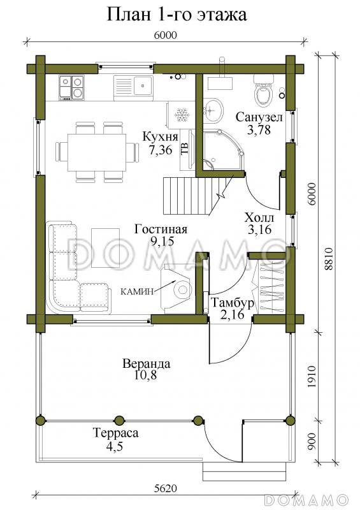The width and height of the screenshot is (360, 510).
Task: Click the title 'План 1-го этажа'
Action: [x=177, y=15]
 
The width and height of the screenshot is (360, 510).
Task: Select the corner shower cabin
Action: [x=224, y=150]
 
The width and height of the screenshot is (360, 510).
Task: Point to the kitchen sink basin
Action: [x=143, y=85]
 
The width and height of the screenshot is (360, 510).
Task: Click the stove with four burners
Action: [x=71, y=88]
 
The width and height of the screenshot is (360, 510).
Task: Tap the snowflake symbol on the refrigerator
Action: [x=182, y=115]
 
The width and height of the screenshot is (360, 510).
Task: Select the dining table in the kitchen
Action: [x=97, y=152]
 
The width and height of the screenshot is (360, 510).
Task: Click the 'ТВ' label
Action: [x=185, y=149]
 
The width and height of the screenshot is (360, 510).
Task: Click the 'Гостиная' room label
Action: [x=161, y=229]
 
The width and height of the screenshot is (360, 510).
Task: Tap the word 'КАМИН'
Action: [x=136, y=292]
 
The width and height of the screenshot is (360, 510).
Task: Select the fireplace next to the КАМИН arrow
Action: [x=178, y=289]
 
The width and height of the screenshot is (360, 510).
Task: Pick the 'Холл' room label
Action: [x=259, y=217]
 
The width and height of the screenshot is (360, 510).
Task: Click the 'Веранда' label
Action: [x=146, y=363]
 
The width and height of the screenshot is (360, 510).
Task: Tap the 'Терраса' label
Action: [x=116, y=433]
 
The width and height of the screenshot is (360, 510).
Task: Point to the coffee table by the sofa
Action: [x=105, y=248]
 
